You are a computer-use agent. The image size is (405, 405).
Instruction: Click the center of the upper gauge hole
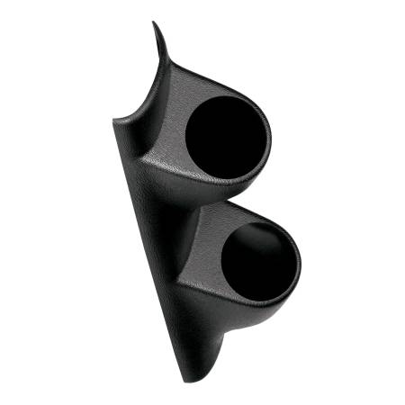point(227,136)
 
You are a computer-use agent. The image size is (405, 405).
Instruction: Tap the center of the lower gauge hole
point(262,260)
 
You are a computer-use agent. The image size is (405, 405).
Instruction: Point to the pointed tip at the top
point(154,23)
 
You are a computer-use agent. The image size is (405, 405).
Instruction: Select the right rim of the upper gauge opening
point(268,135)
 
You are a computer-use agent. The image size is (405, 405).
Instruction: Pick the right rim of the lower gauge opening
point(301,261)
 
